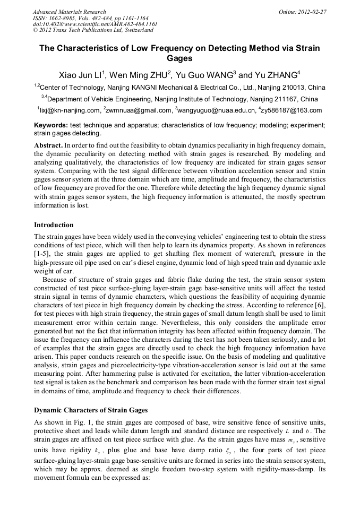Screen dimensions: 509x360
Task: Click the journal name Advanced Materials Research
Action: [x=69, y=12]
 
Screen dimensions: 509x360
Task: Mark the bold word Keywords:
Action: [x=51, y=125]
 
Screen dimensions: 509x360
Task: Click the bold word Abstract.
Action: [x=48, y=145]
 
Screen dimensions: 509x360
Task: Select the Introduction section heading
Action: [x=54, y=225]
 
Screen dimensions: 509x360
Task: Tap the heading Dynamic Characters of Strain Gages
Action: [x=91, y=410]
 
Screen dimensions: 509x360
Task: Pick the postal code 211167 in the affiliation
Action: [x=285, y=99]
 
